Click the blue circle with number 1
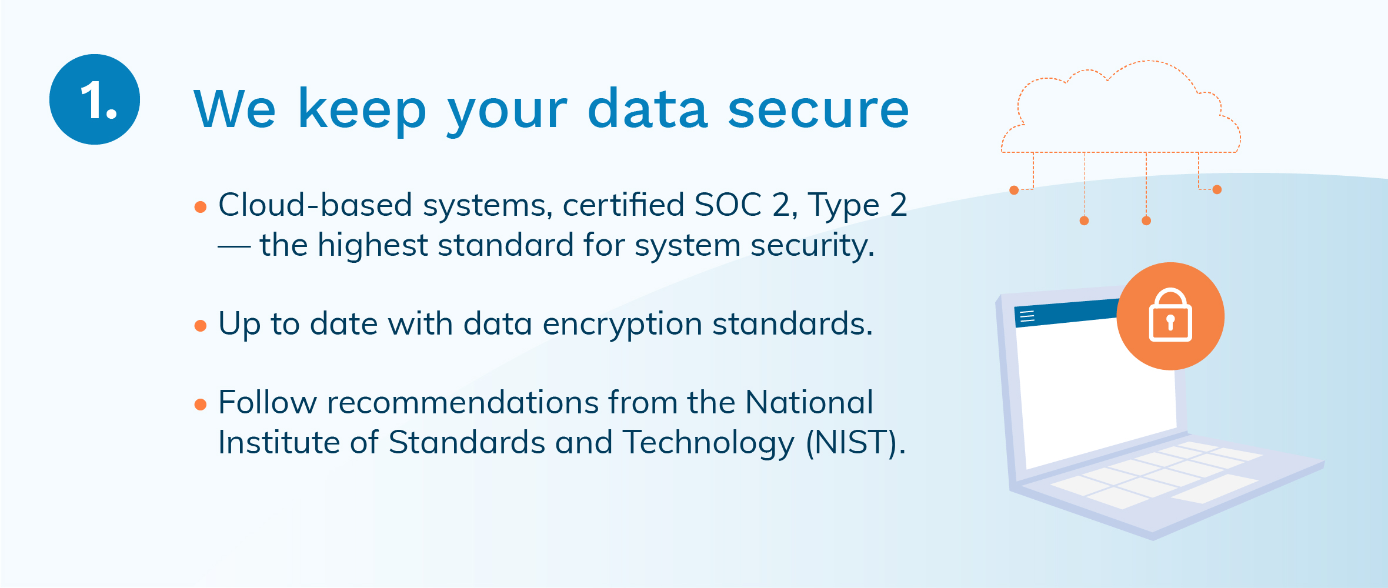coord(95,99)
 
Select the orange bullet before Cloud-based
coord(201,207)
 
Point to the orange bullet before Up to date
coord(201,326)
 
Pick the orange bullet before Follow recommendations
coord(201,405)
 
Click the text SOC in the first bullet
coord(728,205)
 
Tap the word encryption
coord(622,325)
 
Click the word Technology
coord(708,443)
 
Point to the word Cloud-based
coord(315,205)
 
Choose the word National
coord(809,403)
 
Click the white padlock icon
coord(1170,315)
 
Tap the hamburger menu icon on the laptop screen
coord(1027,316)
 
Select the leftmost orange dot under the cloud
coord(1014,190)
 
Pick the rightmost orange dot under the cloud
coord(1217,189)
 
